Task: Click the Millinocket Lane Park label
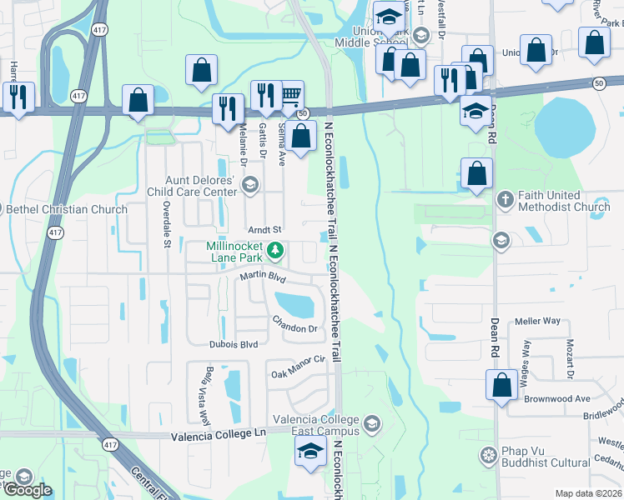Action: [235, 252]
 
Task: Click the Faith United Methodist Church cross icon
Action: [505, 200]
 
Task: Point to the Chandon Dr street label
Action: [295, 326]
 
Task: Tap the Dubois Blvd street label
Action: [233, 344]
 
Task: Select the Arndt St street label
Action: [265, 229]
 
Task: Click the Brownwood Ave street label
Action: [557, 399]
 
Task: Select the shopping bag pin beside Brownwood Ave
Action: [501, 385]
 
